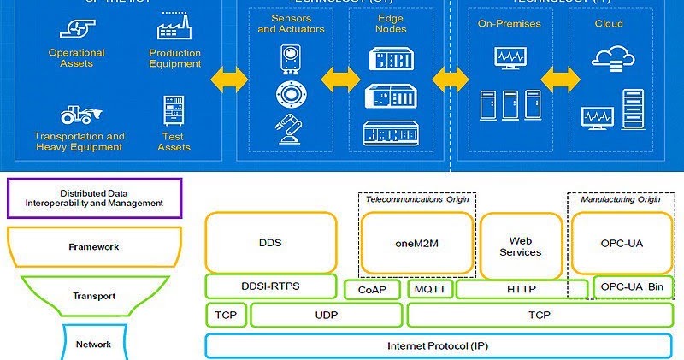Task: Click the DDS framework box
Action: (269, 242)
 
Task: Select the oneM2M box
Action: (416, 242)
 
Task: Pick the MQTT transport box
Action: (429, 289)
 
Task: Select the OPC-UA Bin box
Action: (633, 287)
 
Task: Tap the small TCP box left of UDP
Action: (226, 316)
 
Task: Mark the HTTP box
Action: (522, 289)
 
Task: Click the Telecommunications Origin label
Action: (416, 199)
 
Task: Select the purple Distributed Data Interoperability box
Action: (94, 198)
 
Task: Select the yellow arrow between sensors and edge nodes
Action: (340, 80)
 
